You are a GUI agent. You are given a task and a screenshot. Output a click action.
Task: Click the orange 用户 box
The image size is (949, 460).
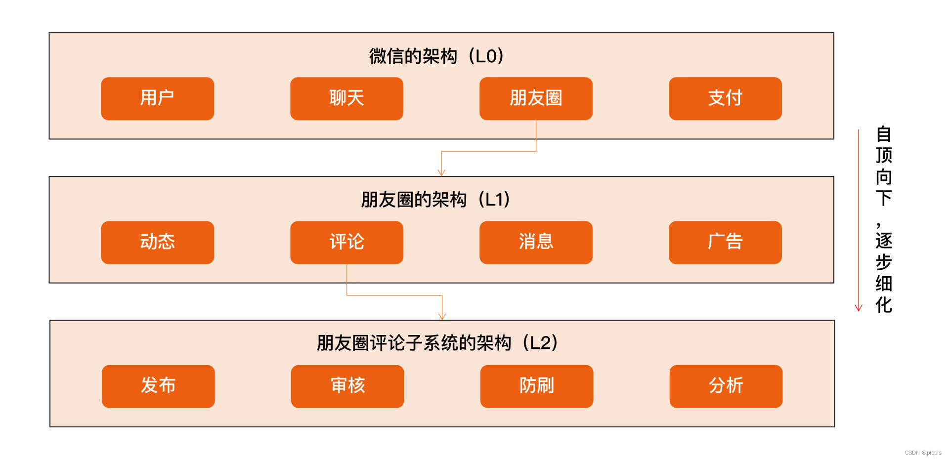157,98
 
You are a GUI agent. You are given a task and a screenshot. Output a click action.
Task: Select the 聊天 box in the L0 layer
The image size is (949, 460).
346,98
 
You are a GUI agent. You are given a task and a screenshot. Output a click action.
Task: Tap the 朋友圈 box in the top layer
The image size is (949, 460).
536,98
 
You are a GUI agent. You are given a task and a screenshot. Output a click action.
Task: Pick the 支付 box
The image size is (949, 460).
725,98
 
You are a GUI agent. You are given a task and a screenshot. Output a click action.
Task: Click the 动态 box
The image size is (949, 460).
157,242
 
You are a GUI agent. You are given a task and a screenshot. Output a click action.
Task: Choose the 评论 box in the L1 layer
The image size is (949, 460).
346,242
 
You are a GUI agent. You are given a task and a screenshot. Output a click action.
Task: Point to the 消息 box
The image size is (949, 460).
536,242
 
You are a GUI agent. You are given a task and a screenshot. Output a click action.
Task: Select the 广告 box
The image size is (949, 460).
725,242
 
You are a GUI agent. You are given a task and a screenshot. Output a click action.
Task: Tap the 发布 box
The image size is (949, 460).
158,386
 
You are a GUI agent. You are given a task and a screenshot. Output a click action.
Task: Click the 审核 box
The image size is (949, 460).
347,386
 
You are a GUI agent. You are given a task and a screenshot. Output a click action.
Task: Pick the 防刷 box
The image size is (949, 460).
537,386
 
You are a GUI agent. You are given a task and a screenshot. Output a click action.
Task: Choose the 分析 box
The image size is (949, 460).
726,386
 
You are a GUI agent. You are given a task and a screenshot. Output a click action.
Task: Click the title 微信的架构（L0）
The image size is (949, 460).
436,56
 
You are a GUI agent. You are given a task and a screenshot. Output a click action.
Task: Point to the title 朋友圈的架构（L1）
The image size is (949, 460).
435,200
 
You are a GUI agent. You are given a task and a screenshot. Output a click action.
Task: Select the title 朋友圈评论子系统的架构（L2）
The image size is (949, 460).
437,343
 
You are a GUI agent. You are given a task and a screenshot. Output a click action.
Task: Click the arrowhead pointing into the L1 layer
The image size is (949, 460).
441,172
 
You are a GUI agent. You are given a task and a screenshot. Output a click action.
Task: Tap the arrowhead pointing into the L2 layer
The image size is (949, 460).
442,316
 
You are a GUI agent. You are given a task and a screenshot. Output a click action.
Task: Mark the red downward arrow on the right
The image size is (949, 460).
859,220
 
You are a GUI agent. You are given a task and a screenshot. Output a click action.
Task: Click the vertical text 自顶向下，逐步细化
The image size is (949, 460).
884,220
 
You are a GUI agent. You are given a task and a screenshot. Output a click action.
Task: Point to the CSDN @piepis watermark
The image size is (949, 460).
923,453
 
